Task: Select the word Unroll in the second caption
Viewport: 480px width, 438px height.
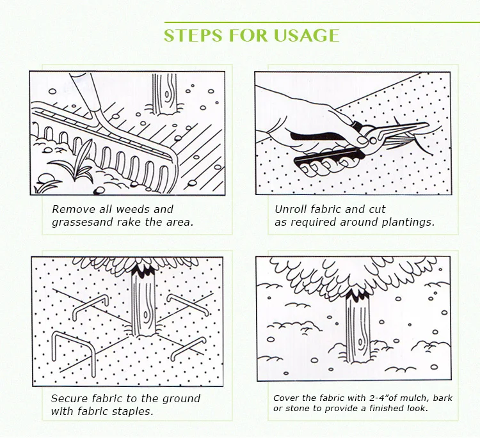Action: tap(291, 209)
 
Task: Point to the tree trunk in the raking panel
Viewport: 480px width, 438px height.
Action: tap(165, 93)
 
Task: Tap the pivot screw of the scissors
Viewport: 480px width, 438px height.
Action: tap(373, 141)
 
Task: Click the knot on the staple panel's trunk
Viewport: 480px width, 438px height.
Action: tap(147, 315)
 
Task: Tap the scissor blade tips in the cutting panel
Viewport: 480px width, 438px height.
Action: tap(426, 125)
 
